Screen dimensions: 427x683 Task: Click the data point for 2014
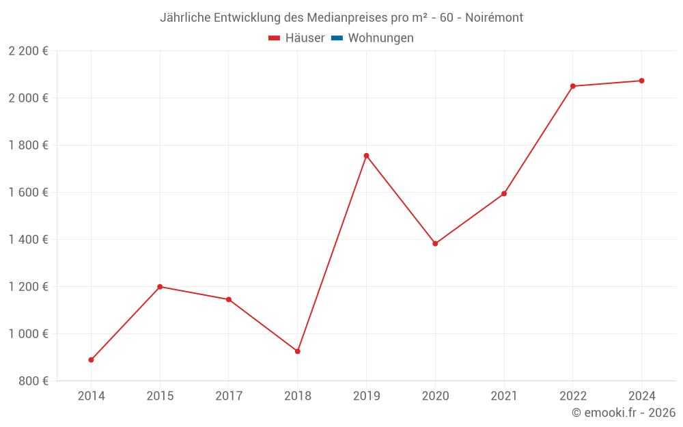[x=91, y=360]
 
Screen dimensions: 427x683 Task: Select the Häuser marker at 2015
[x=160, y=287]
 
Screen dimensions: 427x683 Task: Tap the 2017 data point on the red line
[x=229, y=299]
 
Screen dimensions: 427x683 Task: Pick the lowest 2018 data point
[x=298, y=351]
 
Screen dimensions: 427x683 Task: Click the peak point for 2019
[x=366, y=156]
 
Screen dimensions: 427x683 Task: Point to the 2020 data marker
[x=435, y=243]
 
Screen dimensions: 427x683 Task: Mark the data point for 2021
[x=504, y=193]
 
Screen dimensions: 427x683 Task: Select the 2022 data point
[x=573, y=86]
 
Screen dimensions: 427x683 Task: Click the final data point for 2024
[x=641, y=81]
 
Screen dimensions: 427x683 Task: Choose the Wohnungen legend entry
[x=380, y=38]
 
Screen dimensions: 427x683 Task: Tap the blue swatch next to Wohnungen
[x=337, y=38]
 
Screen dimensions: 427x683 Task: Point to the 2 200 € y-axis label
[x=28, y=51]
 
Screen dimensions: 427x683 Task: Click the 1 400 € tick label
[x=28, y=240]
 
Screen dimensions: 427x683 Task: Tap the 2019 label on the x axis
[x=366, y=396]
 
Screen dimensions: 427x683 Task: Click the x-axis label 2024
[x=641, y=396]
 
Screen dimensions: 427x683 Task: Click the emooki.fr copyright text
[x=624, y=413]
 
